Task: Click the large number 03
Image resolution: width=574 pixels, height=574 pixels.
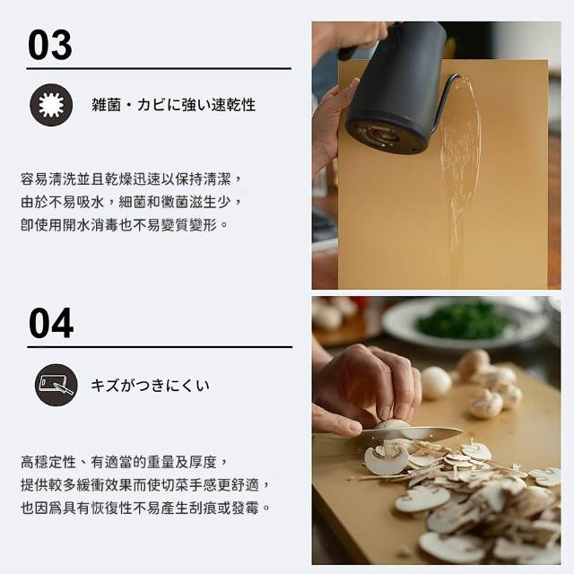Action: (x=50, y=45)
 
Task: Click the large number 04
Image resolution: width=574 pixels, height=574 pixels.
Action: (x=51, y=323)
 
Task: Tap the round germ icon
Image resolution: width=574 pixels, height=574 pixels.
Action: (x=51, y=105)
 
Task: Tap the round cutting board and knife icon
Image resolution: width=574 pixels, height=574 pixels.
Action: (x=57, y=385)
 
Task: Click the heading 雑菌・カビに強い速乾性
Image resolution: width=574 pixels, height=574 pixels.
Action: (x=173, y=105)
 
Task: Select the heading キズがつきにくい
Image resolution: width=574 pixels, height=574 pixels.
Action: (x=150, y=386)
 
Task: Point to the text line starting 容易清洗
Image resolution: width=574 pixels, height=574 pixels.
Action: (x=132, y=179)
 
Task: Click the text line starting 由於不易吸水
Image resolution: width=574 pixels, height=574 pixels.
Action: (x=132, y=202)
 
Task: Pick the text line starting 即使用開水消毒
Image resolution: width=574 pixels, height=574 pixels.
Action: (x=125, y=225)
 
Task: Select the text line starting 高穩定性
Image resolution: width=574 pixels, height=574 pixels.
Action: (x=125, y=462)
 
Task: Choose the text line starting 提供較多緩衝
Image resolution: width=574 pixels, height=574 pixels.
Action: (x=145, y=485)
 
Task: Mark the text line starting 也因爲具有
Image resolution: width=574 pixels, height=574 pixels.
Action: (x=145, y=508)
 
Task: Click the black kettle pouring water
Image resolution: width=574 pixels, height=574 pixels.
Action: (x=396, y=88)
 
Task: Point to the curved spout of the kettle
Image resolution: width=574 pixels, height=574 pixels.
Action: (x=445, y=99)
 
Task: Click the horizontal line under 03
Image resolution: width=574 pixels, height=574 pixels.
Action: (x=159, y=68)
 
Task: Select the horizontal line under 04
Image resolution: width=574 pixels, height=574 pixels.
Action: (x=160, y=347)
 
